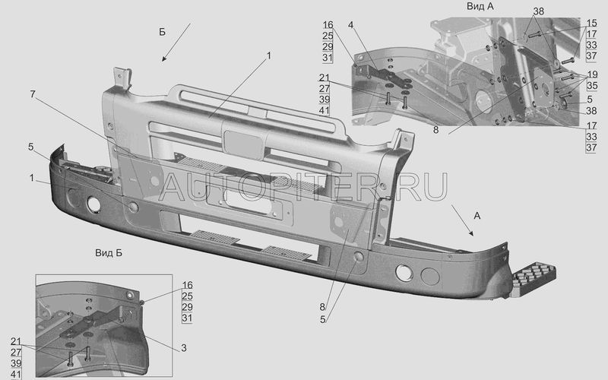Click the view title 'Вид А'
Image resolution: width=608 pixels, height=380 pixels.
[x=480, y=6]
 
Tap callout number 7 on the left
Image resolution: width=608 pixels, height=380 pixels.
[x=33, y=94]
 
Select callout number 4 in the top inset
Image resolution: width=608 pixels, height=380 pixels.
[x=350, y=26]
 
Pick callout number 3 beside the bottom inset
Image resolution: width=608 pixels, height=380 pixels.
[x=182, y=347]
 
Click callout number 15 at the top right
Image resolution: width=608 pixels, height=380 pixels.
[x=591, y=23]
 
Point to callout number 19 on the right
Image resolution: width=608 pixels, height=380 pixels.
[x=591, y=74]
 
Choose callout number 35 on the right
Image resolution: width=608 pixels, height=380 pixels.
[x=591, y=86]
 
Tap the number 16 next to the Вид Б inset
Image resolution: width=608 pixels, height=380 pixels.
[x=187, y=286]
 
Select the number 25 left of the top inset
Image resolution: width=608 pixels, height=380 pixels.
[x=327, y=36]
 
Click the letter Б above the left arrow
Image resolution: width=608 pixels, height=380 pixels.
[x=162, y=32]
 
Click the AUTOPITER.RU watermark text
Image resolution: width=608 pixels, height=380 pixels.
[x=304, y=185]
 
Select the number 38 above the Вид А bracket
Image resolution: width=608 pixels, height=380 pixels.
[x=538, y=11]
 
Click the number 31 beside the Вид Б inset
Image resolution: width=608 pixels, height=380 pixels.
[x=187, y=318]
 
